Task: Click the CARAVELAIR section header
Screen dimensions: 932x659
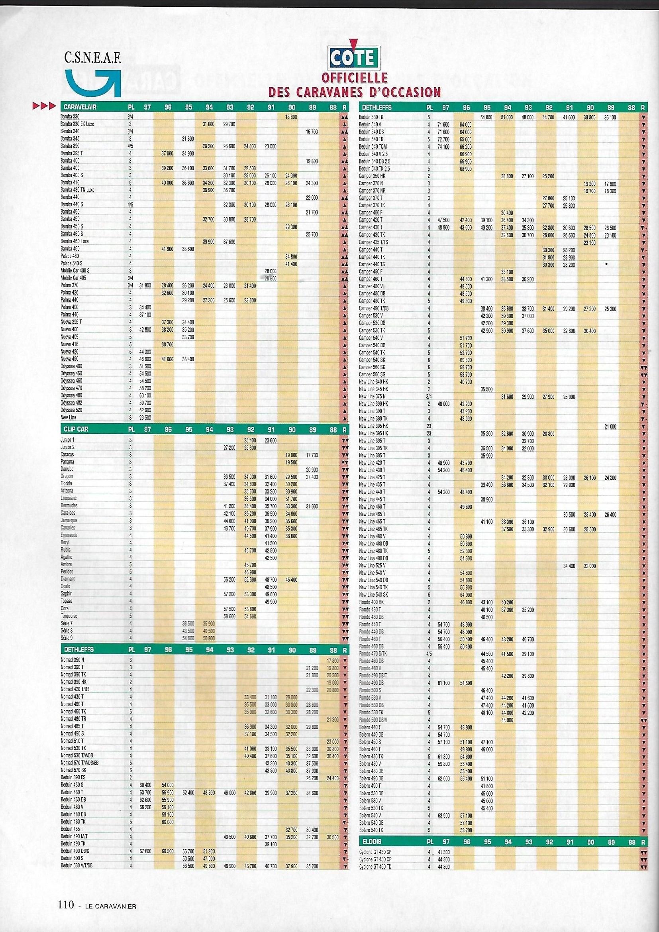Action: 80,107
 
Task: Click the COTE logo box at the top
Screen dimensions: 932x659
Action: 351,60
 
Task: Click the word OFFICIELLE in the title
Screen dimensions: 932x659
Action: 354,77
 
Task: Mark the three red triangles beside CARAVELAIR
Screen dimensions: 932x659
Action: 43,107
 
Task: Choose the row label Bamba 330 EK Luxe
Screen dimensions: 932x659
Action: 78,124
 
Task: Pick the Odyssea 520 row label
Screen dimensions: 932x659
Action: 71,410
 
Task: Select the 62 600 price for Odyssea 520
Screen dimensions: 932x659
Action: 145,410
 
